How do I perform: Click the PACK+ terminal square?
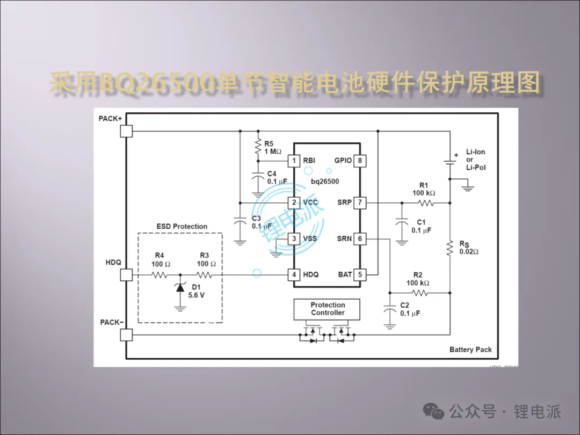[x=126, y=131]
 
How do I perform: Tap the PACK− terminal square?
[x=126, y=335]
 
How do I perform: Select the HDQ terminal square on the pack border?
[x=126, y=275]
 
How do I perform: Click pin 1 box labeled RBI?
[x=294, y=160]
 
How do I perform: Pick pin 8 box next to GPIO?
[x=360, y=160]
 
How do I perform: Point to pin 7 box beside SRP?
[x=360, y=202]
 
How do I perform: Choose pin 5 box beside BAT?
[x=360, y=274]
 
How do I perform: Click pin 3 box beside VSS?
[x=294, y=238]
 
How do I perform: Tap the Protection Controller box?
[x=327, y=309]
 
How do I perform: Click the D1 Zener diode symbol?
[x=180, y=289]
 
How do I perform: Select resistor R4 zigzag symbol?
[x=160, y=275]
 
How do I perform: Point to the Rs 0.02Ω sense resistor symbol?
[x=450, y=248]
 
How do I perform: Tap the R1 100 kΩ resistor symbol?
[x=425, y=203]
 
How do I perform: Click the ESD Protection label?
[x=182, y=227]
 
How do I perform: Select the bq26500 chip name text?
[x=325, y=182]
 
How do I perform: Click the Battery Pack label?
[x=470, y=350]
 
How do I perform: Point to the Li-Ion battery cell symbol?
[x=450, y=162]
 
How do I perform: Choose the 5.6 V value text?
[x=196, y=295]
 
